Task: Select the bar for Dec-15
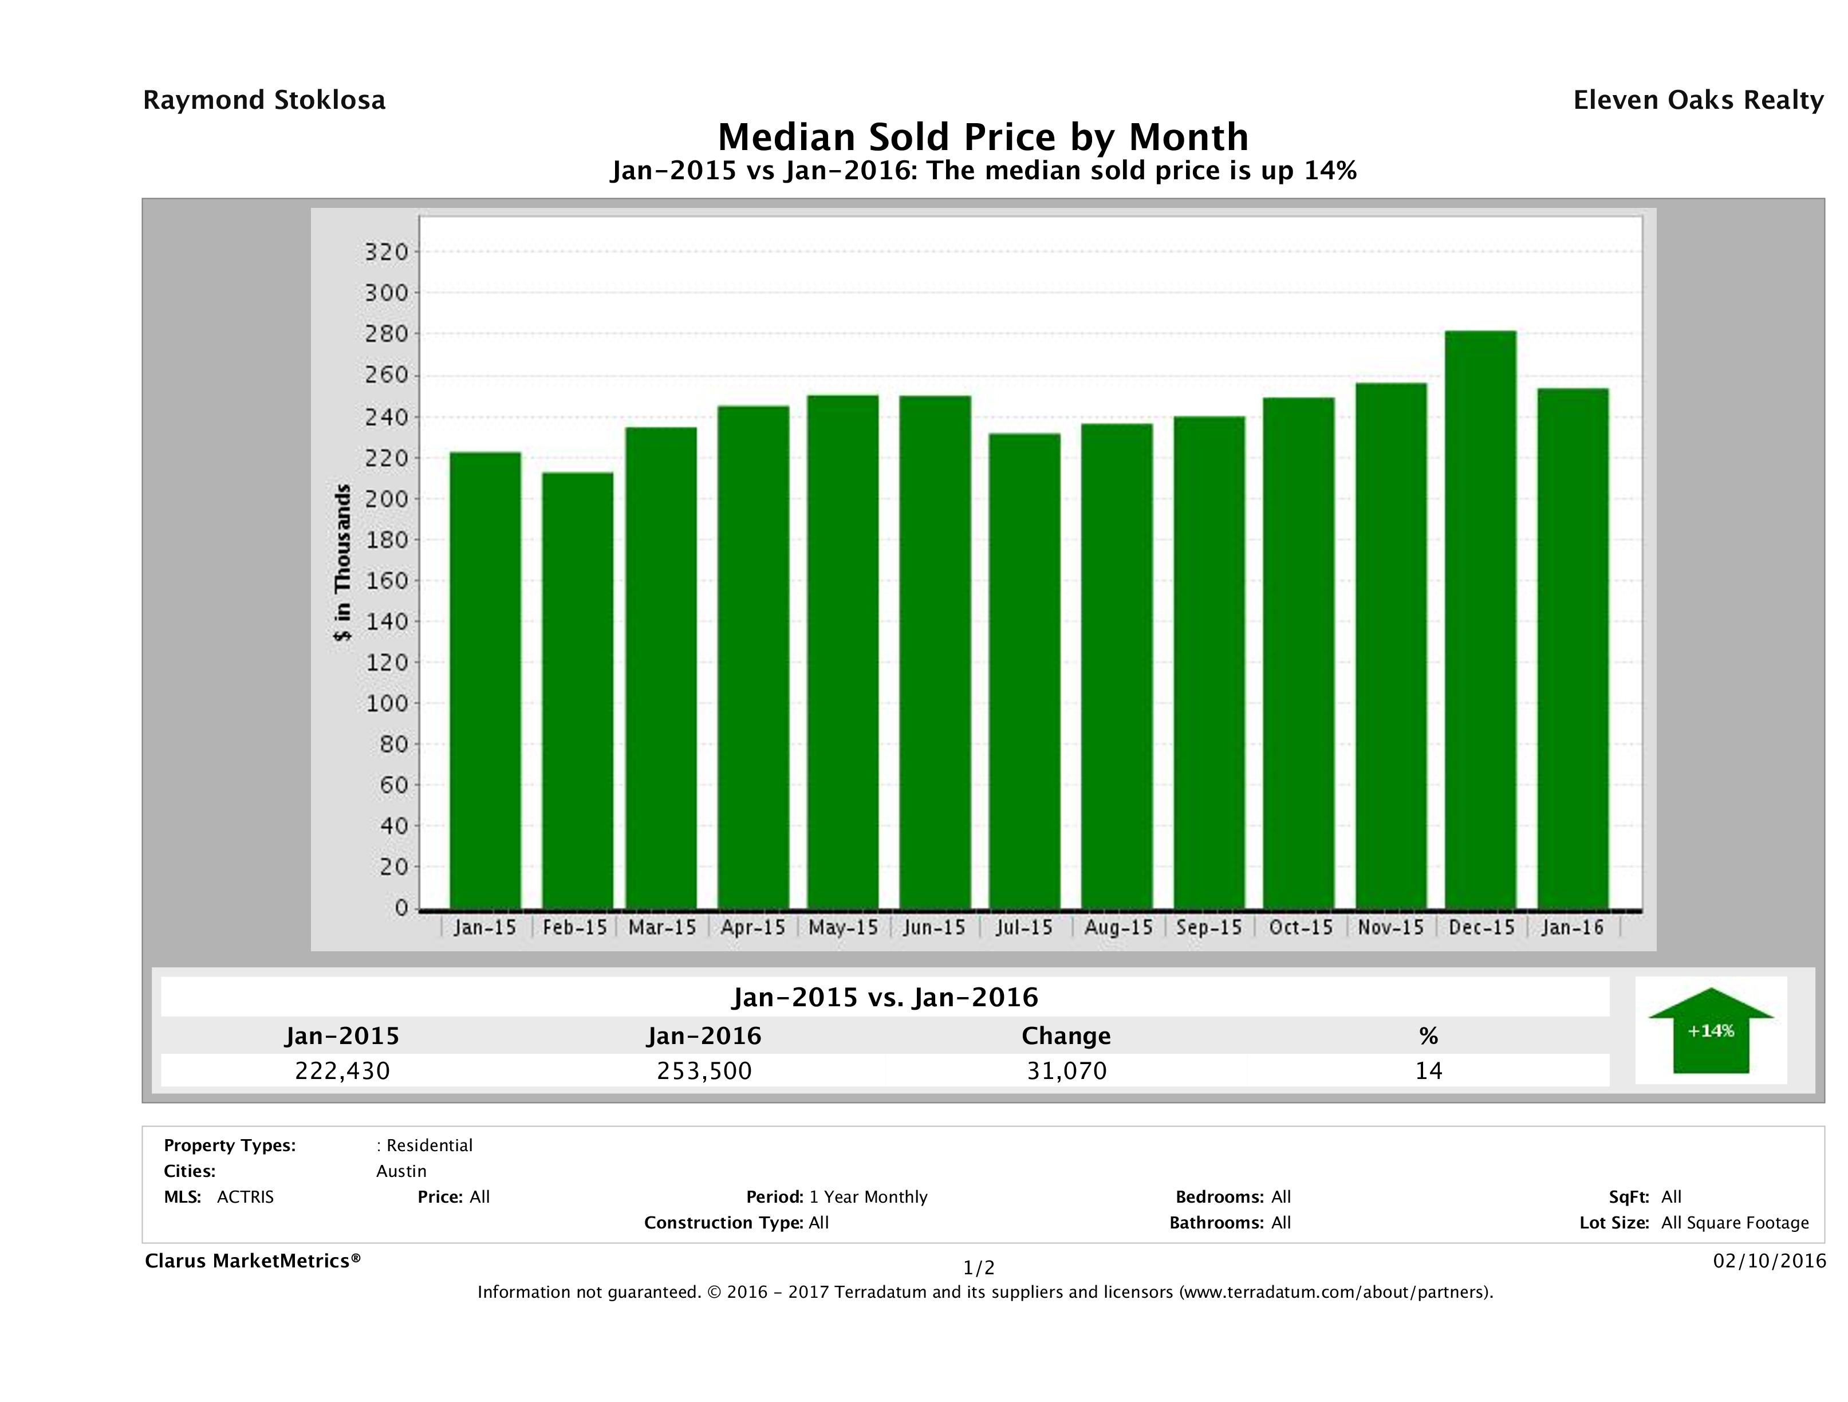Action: pyautogui.click(x=1480, y=619)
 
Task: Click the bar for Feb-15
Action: pyautogui.click(x=577, y=690)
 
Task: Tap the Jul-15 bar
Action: pyautogui.click(x=1025, y=670)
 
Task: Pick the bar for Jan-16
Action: pyautogui.click(x=1573, y=648)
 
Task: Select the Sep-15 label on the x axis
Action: pyautogui.click(x=1208, y=927)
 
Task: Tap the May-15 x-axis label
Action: pyautogui.click(x=843, y=927)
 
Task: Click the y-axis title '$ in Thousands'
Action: pyautogui.click(x=342, y=562)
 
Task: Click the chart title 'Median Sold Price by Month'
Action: pyautogui.click(x=983, y=137)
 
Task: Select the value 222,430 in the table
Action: pyautogui.click(x=342, y=1070)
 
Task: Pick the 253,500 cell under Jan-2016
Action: pyautogui.click(x=704, y=1070)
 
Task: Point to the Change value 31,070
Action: pyautogui.click(x=1067, y=1070)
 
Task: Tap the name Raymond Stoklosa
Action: pyautogui.click(x=264, y=100)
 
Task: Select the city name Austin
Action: pyautogui.click(x=401, y=1171)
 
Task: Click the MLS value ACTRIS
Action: pyautogui.click(x=245, y=1198)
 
